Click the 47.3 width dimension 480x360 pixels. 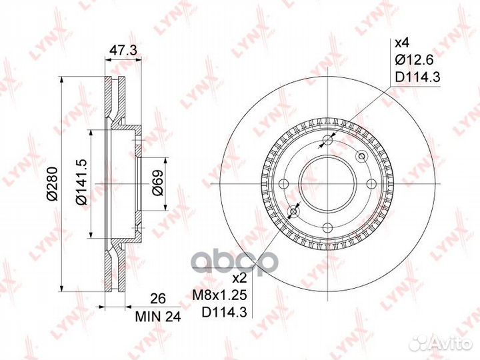(x=123, y=51)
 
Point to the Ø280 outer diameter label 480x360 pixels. (x=53, y=184)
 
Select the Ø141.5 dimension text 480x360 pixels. (x=82, y=183)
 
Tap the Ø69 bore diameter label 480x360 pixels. (x=157, y=183)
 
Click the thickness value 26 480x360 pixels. (x=158, y=299)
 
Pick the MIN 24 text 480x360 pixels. (x=158, y=317)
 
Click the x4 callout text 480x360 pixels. (x=401, y=43)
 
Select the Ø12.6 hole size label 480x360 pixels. (x=414, y=60)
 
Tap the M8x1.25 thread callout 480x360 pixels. (x=219, y=295)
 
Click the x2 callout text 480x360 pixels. (x=239, y=278)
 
